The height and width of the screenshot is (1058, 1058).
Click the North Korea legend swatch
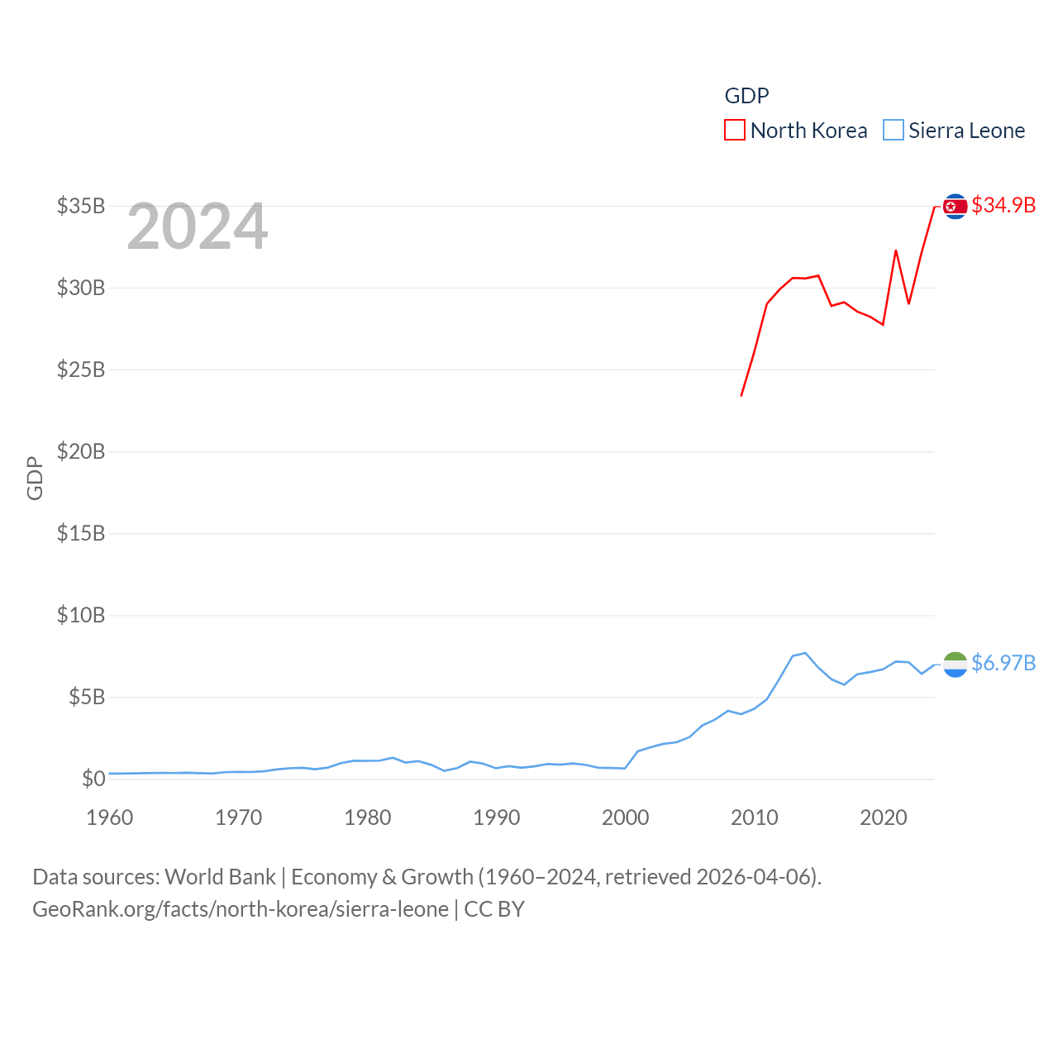point(734,131)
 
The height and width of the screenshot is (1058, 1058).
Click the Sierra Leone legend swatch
point(893,131)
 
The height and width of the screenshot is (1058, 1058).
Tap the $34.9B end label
point(1003,205)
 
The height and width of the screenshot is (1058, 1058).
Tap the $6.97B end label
point(1003,663)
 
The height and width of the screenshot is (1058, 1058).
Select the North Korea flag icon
point(955,206)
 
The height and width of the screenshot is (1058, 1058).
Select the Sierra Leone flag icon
point(955,664)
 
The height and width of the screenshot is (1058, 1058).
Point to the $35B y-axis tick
point(81,206)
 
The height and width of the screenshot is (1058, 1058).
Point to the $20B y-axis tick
point(81,451)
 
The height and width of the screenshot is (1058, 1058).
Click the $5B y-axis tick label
point(86,697)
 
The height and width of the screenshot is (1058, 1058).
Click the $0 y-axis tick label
point(93,779)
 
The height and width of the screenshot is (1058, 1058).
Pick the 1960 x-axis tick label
point(109,817)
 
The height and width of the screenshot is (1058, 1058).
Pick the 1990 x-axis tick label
point(496,817)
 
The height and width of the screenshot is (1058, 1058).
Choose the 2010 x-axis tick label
point(754,817)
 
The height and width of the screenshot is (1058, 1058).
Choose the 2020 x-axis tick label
point(883,817)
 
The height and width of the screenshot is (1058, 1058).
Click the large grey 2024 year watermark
point(197,226)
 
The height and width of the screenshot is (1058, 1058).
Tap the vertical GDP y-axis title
point(35,478)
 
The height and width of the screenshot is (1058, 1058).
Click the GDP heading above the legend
point(746,96)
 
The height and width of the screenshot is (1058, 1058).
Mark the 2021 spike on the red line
point(896,250)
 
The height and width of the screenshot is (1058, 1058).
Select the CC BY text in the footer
point(494,909)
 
